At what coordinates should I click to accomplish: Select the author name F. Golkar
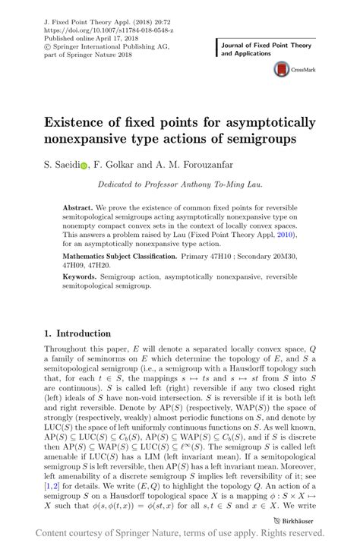(113, 163)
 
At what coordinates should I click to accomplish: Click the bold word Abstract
(78, 207)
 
